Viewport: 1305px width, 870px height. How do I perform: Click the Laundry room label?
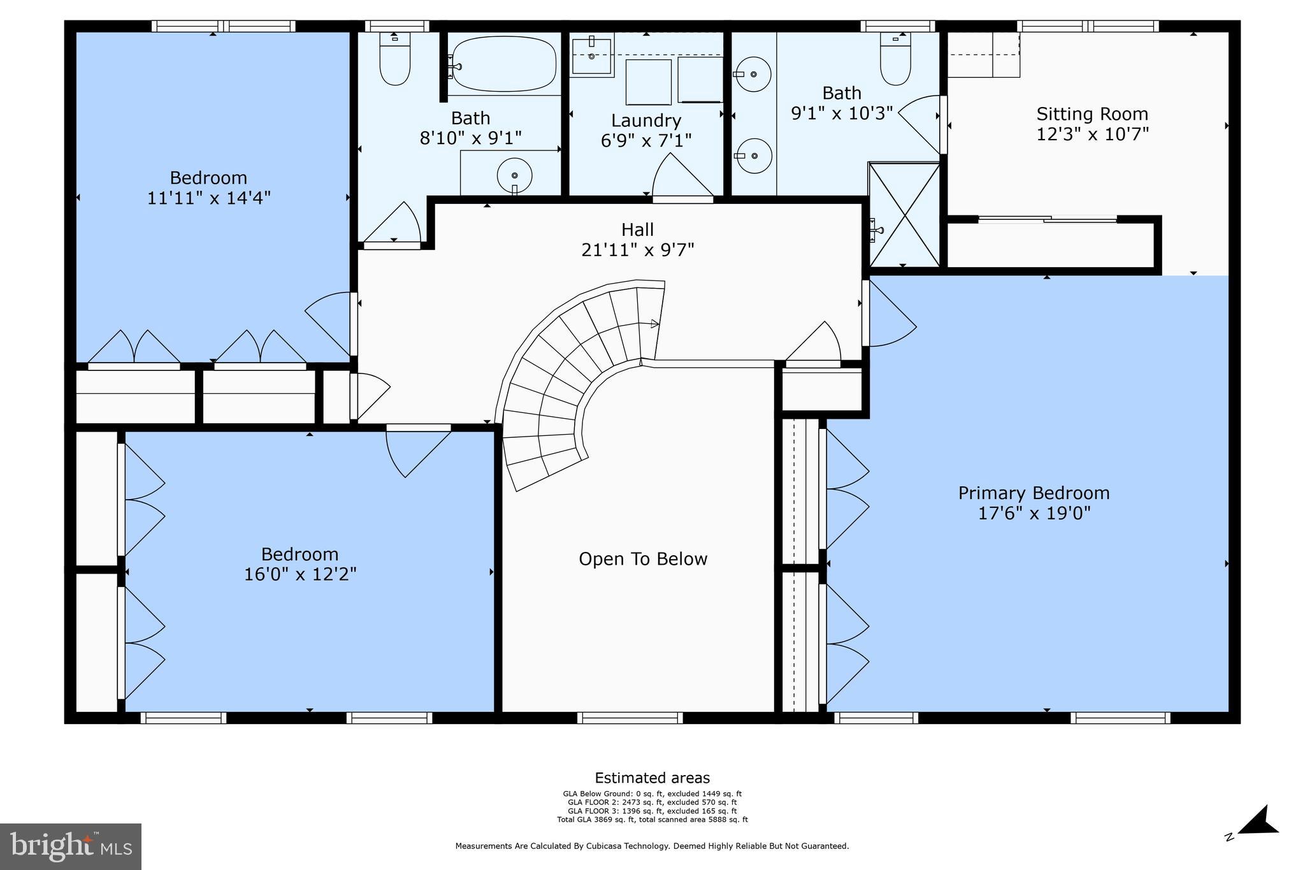[x=646, y=120]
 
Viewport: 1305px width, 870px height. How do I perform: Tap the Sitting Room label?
[x=1092, y=114]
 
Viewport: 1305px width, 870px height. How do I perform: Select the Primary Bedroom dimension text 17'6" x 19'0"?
[x=1034, y=513]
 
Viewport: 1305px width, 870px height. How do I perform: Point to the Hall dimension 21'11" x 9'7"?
[x=637, y=250]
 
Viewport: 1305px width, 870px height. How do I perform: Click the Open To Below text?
[x=643, y=559]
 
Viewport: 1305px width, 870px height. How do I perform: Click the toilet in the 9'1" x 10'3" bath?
[x=895, y=59]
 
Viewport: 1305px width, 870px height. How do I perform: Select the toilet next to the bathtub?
[x=395, y=59]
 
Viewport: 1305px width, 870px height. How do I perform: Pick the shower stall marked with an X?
[x=904, y=215]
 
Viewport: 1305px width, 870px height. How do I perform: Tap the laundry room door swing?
[x=682, y=176]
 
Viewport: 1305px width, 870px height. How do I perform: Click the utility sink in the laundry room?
[x=592, y=55]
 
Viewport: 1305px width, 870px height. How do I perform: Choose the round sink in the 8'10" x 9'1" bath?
[x=515, y=175]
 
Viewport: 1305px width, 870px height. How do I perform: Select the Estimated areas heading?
[x=652, y=778]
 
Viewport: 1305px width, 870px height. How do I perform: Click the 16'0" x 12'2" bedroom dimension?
[x=300, y=574]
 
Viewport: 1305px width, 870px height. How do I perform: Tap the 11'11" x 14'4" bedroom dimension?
[x=209, y=198]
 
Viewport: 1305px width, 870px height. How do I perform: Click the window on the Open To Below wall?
[x=630, y=718]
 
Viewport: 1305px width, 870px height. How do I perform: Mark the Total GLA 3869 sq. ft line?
[x=652, y=820]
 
